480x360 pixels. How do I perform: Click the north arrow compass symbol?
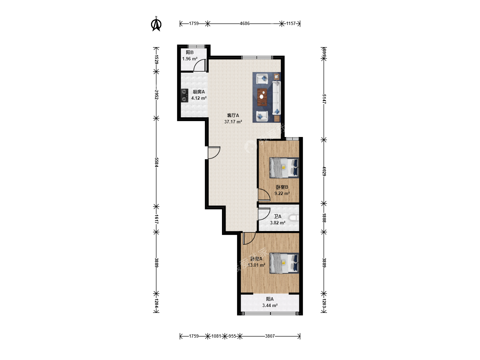(x=156, y=24)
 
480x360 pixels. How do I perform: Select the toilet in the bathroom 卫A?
(x=294, y=218)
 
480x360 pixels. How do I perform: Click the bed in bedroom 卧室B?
(x=284, y=168)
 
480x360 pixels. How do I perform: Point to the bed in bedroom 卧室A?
(x=284, y=263)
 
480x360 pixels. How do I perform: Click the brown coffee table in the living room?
(x=262, y=97)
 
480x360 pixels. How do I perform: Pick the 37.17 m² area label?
(x=233, y=122)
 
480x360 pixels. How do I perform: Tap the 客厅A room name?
(x=233, y=115)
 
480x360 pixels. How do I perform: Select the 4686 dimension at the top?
(x=244, y=23)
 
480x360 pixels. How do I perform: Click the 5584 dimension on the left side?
(x=156, y=162)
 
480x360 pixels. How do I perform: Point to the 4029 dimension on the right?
(x=324, y=171)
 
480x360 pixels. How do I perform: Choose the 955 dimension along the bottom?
(x=232, y=336)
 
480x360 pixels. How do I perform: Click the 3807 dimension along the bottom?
(x=270, y=336)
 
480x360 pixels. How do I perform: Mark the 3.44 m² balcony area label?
(x=270, y=305)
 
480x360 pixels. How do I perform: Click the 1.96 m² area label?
(x=190, y=59)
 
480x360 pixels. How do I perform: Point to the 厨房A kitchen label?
(x=199, y=92)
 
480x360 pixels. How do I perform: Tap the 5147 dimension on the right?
(x=324, y=99)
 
